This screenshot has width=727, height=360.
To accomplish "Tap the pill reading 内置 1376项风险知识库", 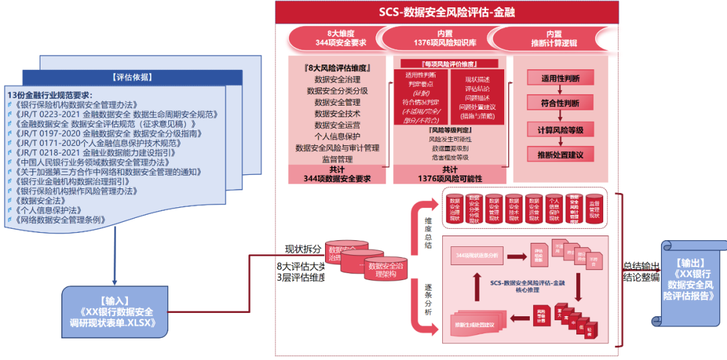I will [444, 38].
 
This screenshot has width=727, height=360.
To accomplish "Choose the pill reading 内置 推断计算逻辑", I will [554, 38].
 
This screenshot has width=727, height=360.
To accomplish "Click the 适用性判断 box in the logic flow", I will [560, 78].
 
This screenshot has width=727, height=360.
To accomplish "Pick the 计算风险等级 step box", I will [560, 130].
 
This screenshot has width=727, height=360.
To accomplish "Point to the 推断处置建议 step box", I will [560, 155].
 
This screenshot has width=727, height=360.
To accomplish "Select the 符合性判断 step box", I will [560, 104].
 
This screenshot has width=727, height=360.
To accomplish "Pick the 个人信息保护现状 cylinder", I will [554, 209].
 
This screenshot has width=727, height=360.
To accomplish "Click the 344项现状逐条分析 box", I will [477, 256].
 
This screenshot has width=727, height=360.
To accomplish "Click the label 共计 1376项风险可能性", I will [449, 174].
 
